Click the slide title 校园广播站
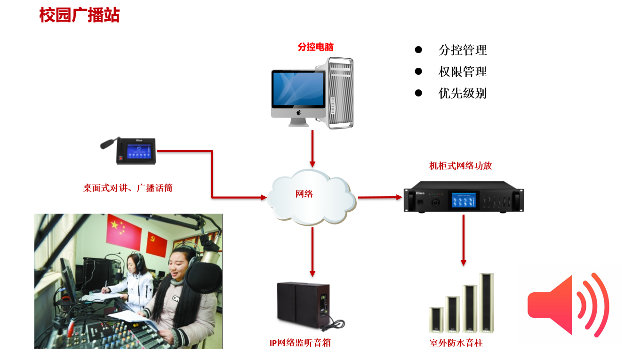pyautogui.click(x=80, y=16)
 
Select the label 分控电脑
pyautogui.click(x=315, y=47)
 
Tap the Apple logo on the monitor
pyautogui.click(x=298, y=113)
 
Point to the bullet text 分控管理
pyautogui.click(x=462, y=50)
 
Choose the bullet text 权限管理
pyautogui.click(x=462, y=72)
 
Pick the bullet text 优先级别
pyautogui.click(x=462, y=93)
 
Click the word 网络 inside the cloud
pyautogui.click(x=304, y=194)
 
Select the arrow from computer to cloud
pyautogui.click(x=312, y=148)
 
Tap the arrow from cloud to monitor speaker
pyautogui.click(x=312, y=252)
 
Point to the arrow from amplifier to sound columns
pyautogui.click(x=464, y=240)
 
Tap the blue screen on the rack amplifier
pyautogui.click(x=464, y=200)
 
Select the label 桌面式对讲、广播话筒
pyautogui.click(x=128, y=188)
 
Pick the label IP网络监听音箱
pyautogui.click(x=300, y=343)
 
